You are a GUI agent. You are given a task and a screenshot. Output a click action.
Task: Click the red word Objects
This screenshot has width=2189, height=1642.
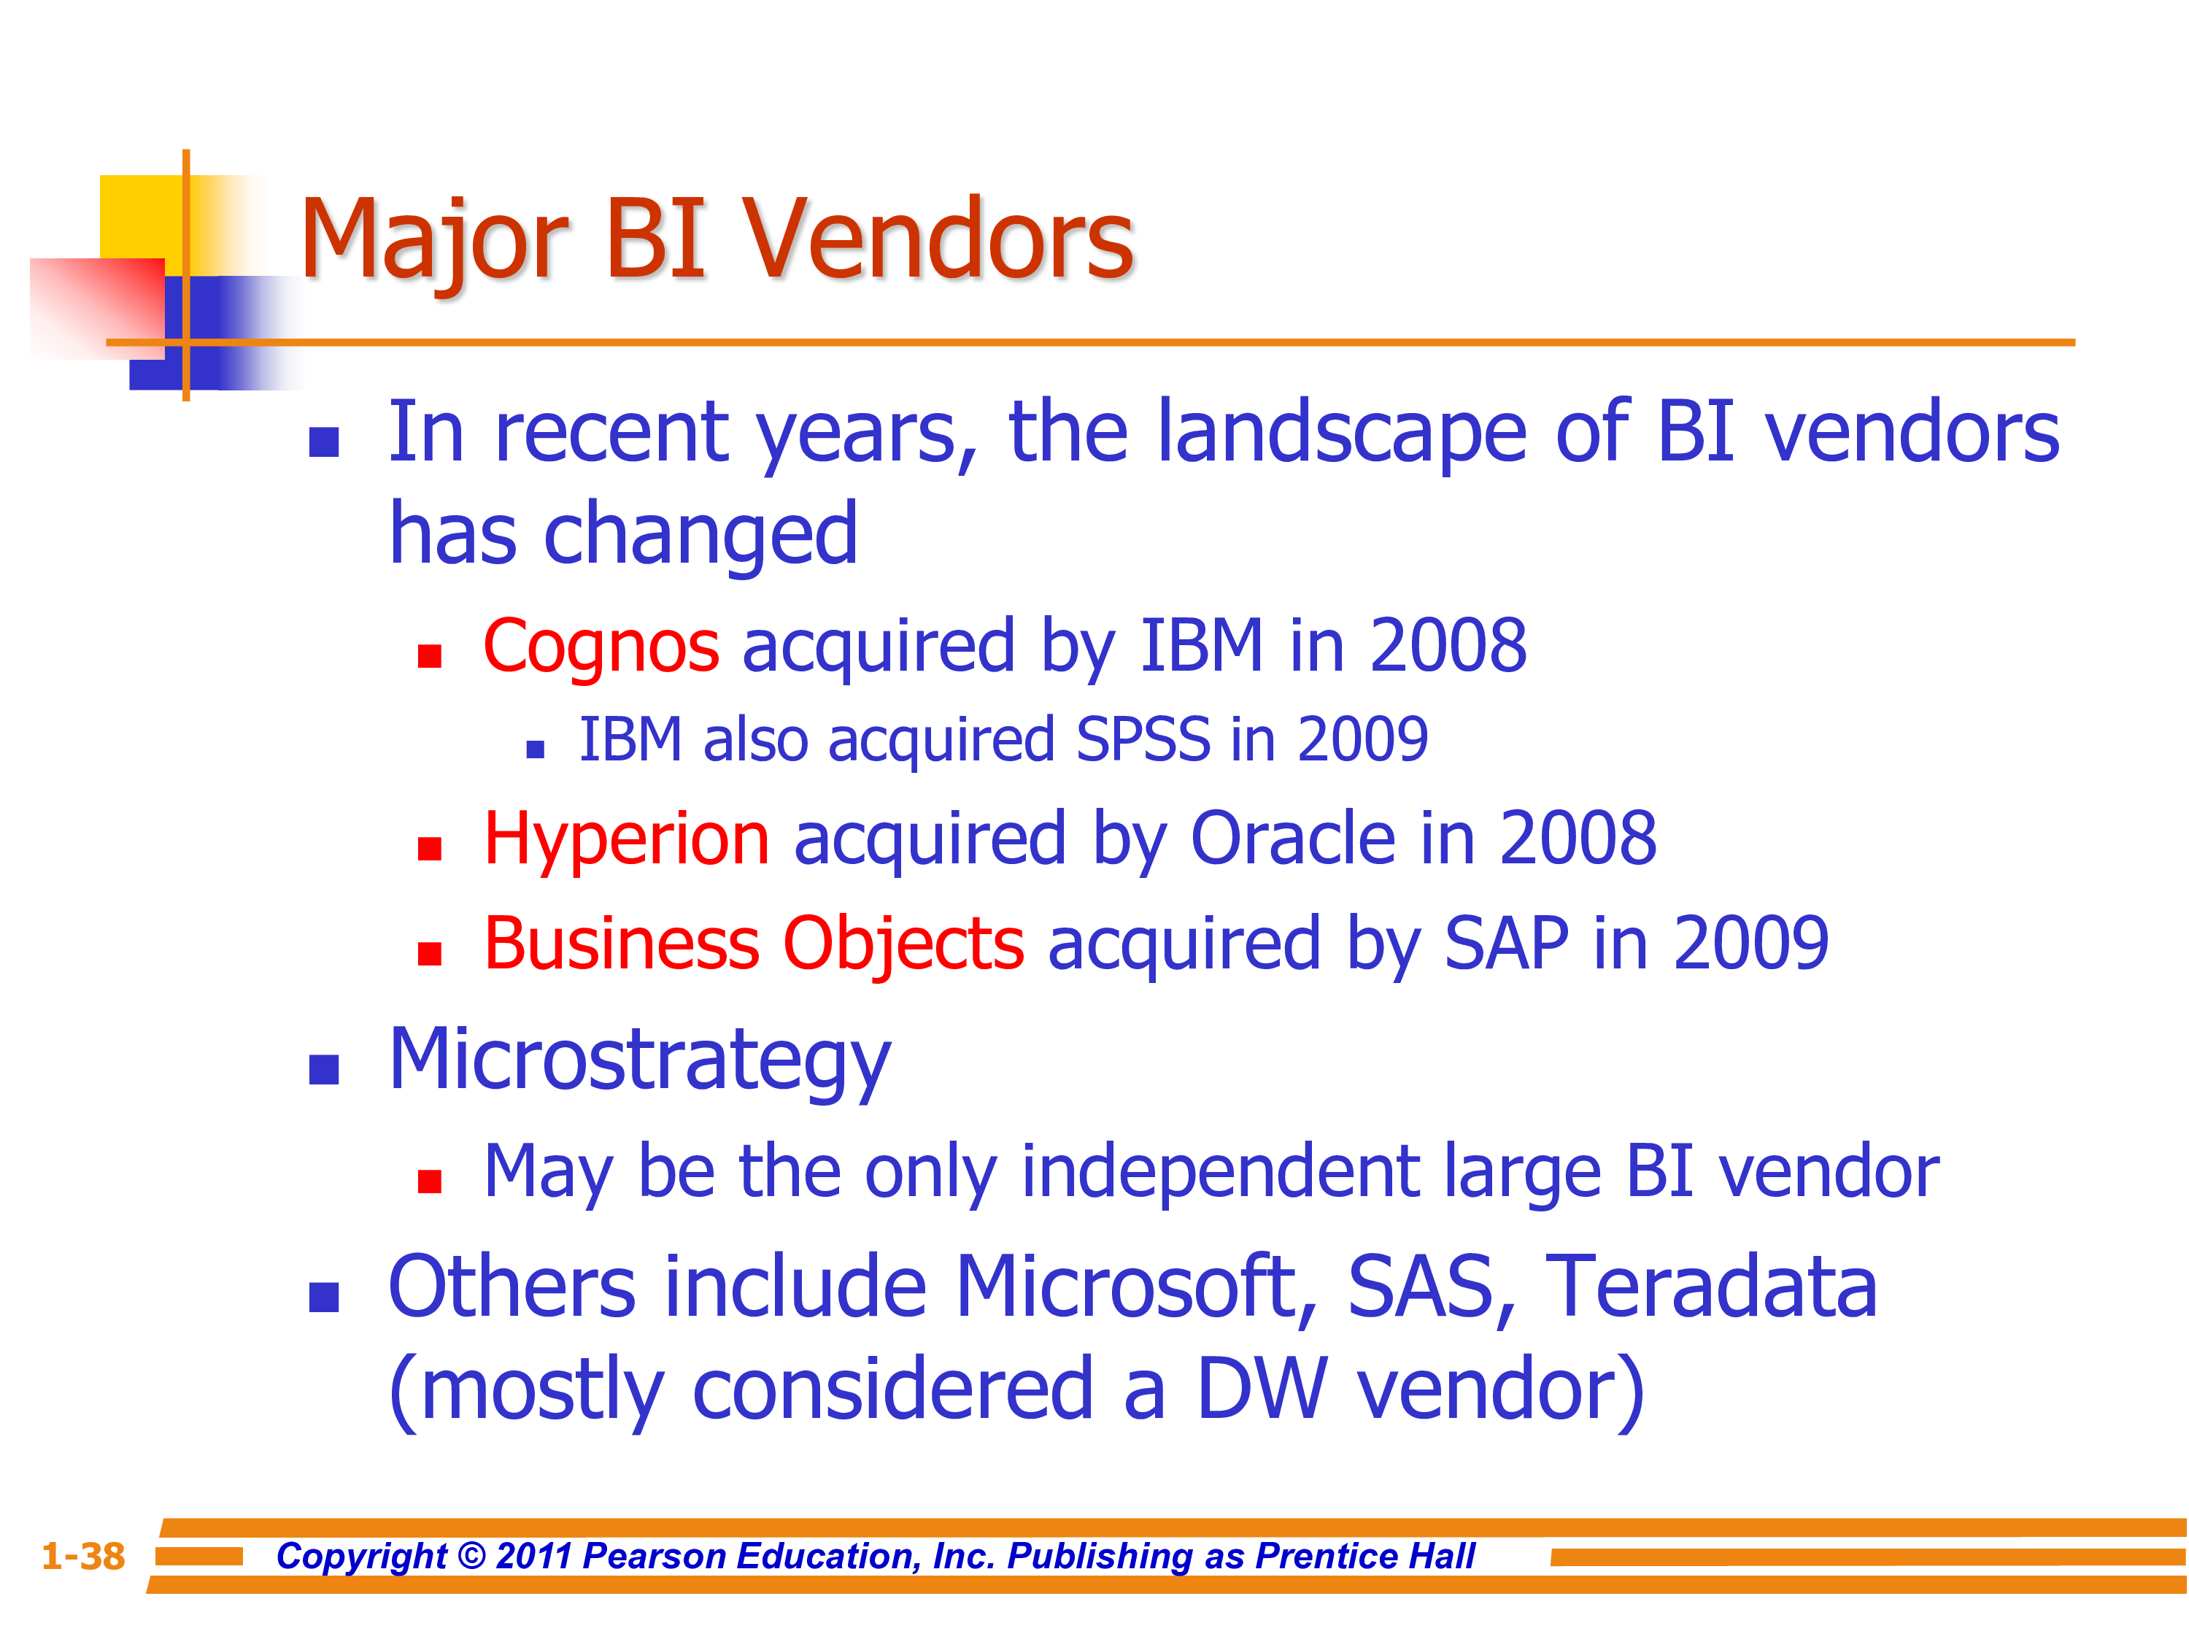click(903, 945)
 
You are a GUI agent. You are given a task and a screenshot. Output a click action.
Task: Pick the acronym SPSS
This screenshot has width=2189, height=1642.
click(1143, 739)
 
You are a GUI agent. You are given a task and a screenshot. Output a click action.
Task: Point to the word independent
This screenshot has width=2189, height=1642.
click(1219, 1172)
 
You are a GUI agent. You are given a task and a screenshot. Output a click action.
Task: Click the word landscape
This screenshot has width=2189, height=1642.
click(1341, 433)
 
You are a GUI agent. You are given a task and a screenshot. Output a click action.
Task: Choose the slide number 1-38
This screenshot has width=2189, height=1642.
click(83, 1556)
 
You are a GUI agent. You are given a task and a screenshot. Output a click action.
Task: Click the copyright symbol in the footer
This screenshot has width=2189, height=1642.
click(472, 1556)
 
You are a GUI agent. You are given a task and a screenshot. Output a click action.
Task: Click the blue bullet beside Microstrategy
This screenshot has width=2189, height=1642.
click(325, 1070)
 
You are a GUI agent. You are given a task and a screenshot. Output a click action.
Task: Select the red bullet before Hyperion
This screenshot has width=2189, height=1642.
click(430, 849)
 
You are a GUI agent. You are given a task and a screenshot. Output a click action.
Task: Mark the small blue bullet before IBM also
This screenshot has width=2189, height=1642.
click(536, 749)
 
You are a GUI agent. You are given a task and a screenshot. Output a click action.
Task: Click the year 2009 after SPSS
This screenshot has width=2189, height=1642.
click(1363, 739)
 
